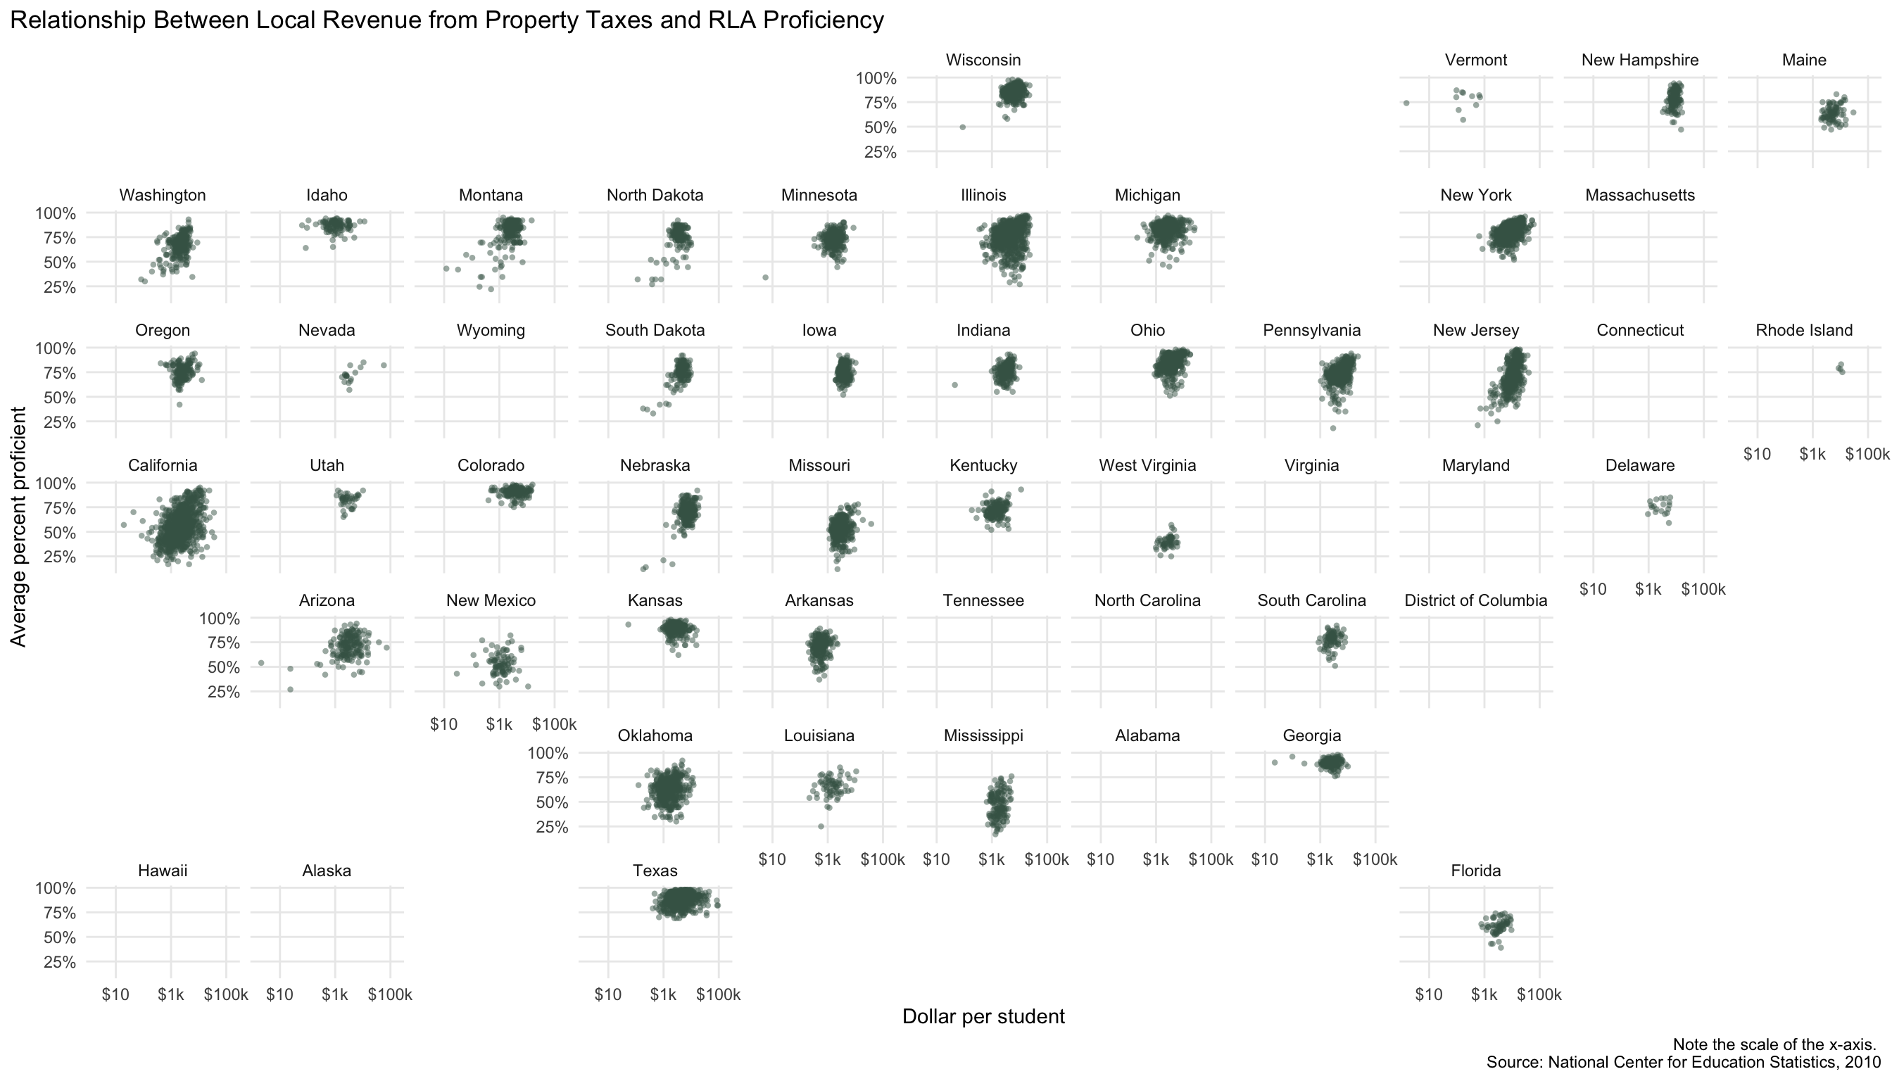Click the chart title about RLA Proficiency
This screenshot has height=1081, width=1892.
pos(446,20)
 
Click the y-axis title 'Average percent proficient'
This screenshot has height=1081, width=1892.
pos(18,526)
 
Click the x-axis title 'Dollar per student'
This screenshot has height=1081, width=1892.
pos(983,1016)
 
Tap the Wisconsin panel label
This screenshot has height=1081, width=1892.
pos(983,60)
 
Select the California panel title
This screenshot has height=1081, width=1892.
pos(163,465)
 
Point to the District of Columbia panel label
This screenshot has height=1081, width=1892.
pos(1475,600)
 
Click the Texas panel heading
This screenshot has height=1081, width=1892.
pos(655,871)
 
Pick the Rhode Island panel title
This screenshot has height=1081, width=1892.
pos(1803,330)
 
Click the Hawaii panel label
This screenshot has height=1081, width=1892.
pos(163,871)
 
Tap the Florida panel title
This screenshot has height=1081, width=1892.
pos(1475,871)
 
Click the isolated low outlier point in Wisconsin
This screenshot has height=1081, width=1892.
pos(962,127)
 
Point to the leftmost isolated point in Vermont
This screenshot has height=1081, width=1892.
pos(1406,103)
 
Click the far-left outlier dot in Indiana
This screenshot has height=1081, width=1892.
pos(955,384)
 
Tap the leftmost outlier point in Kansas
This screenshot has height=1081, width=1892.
pos(628,624)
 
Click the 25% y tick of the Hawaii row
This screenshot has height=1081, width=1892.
pos(59,962)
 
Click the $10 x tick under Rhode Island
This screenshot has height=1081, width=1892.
pos(1757,455)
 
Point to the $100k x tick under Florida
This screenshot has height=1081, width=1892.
pos(1539,995)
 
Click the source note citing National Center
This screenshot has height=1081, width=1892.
pos(1683,1063)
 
